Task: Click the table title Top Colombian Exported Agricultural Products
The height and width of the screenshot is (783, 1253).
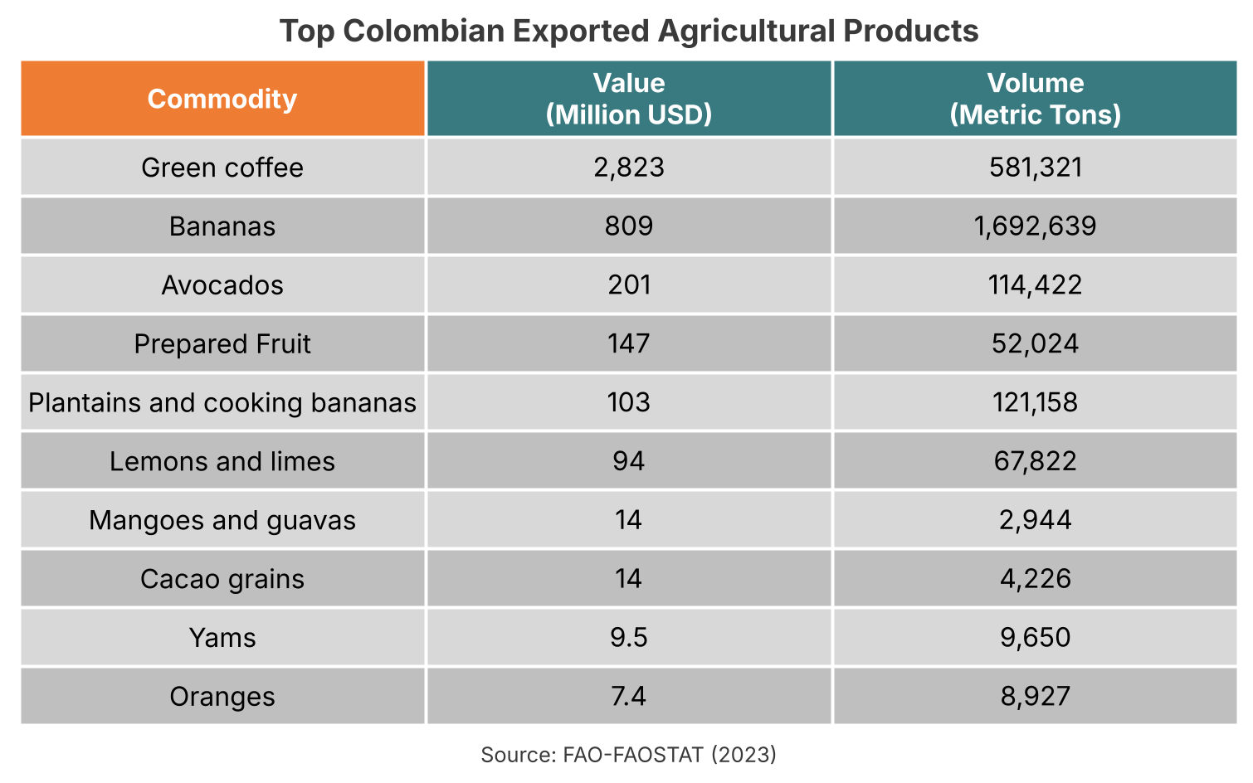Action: click(629, 32)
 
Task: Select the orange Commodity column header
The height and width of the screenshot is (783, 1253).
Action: click(222, 99)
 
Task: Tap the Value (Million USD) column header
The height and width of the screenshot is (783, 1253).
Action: click(629, 99)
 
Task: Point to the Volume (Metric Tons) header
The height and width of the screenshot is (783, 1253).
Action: click(1035, 99)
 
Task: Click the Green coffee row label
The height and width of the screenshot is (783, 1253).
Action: click(222, 168)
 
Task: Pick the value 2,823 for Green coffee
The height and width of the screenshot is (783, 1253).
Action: click(629, 168)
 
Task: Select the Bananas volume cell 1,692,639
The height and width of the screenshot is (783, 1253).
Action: click(1035, 226)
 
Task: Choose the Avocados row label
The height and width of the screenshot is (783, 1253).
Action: click(222, 285)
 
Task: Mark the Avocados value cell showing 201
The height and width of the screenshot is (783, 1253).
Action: click(629, 285)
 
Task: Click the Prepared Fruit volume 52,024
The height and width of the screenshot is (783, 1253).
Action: click(1035, 344)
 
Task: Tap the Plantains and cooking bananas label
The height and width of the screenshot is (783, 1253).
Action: click(222, 403)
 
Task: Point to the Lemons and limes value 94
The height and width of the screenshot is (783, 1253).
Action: click(629, 462)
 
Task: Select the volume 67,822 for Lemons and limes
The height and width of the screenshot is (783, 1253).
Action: click(1035, 462)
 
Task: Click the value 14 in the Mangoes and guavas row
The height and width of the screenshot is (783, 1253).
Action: click(629, 521)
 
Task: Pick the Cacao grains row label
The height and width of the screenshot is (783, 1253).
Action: click(222, 579)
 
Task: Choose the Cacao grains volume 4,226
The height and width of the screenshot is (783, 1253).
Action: click(1035, 579)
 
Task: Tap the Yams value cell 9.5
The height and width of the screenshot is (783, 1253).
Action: click(629, 638)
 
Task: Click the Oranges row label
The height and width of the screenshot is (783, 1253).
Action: click(222, 697)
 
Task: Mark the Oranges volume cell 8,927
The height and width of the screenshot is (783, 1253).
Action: click(1035, 697)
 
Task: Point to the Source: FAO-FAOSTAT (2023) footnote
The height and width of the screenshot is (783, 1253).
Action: click(629, 755)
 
